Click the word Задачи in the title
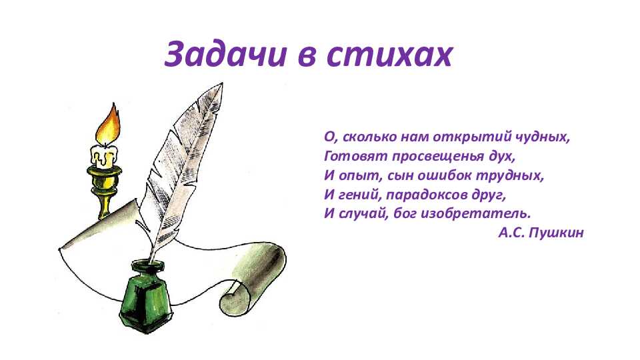point(224,54)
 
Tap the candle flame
point(109,124)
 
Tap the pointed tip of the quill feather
point(222,83)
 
